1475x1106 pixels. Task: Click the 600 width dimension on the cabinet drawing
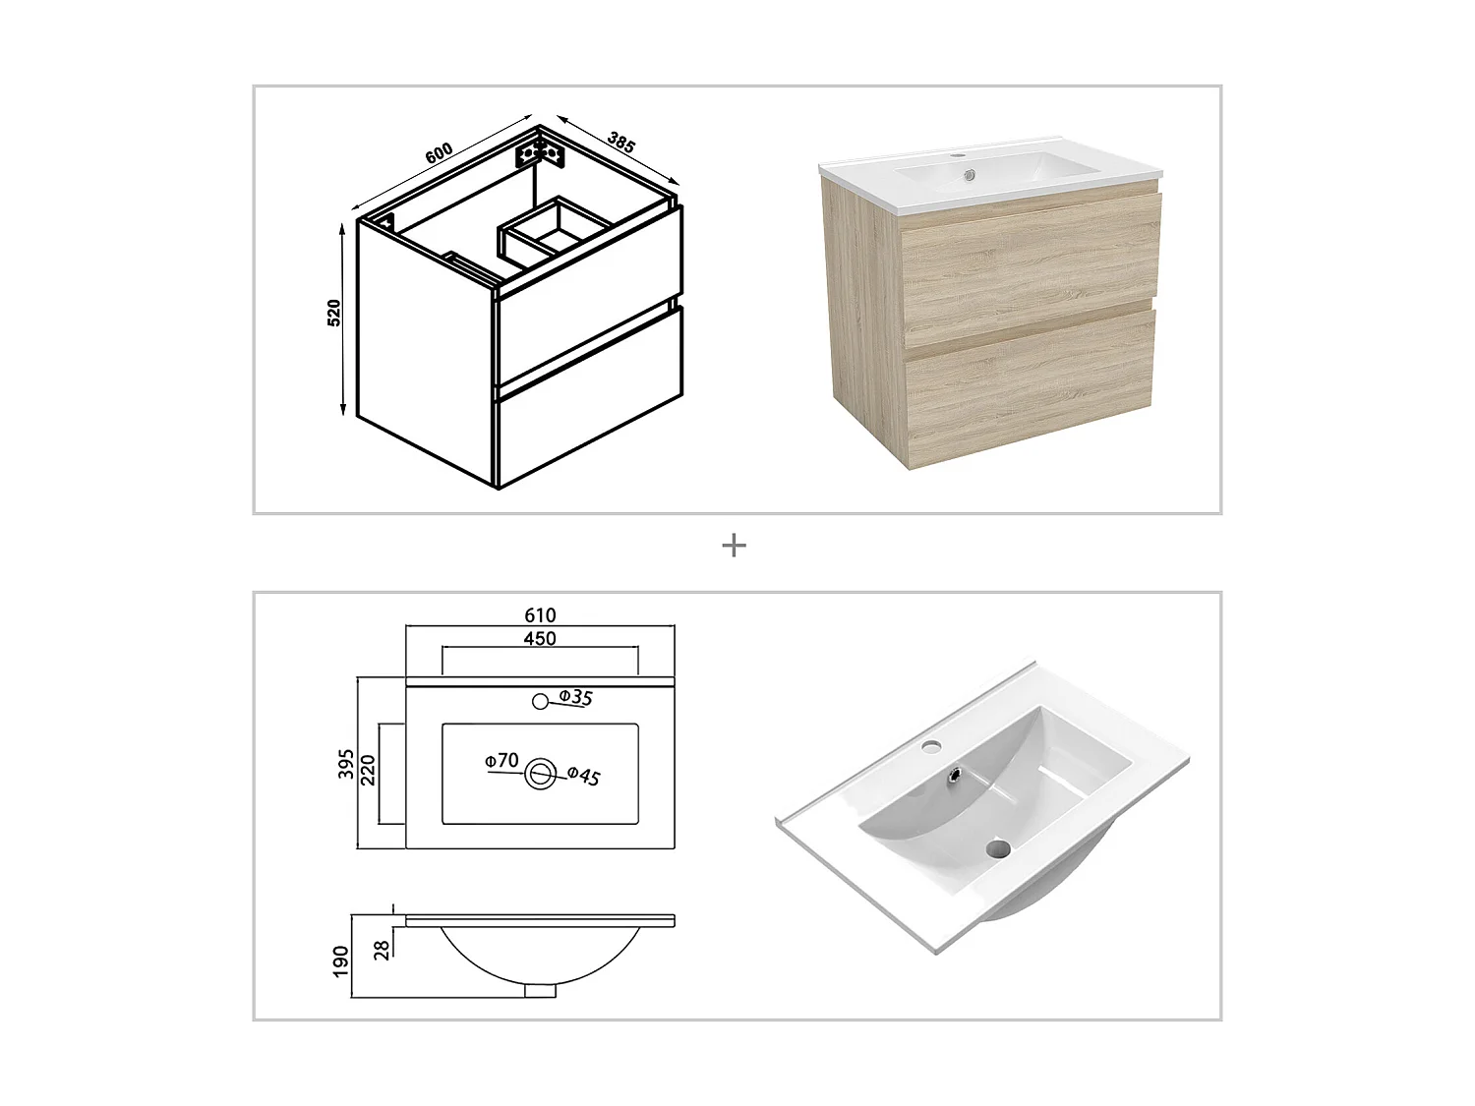pyautogui.click(x=439, y=152)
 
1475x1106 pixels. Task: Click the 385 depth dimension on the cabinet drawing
pyautogui.click(x=621, y=143)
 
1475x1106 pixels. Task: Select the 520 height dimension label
pyautogui.click(x=334, y=313)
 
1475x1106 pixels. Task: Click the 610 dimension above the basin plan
pyautogui.click(x=540, y=615)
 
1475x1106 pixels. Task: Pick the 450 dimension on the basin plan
pyautogui.click(x=540, y=639)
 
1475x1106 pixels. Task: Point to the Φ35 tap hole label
pyautogui.click(x=576, y=698)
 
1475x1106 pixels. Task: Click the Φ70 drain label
pyautogui.click(x=501, y=761)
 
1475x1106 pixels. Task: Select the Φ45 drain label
pyautogui.click(x=584, y=777)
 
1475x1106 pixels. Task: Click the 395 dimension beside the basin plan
pyautogui.click(x=346, y=764)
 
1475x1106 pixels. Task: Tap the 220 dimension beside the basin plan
pyautogui.click(x=369, y=769)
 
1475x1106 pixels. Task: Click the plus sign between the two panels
pyautogui.click(x=734, y=546)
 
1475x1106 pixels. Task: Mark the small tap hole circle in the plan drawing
pyautogui.click(x=540, y=701)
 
